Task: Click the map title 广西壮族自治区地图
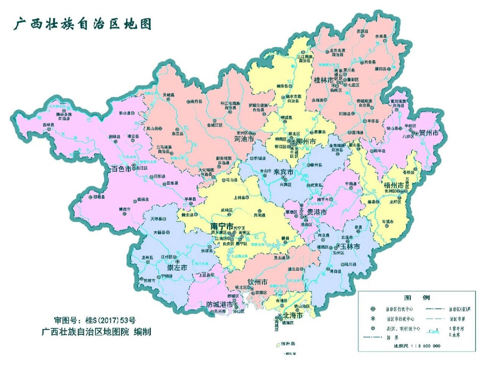82,24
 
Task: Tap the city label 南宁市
222,226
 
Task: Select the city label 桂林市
324,80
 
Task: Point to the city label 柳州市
306,141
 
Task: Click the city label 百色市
121,169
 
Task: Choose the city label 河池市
244,139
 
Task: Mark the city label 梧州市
394,185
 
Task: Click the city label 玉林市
350,246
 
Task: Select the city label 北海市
292,315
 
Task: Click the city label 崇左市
177,268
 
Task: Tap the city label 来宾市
283,172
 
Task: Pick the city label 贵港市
317,212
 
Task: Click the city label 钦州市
257,282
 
